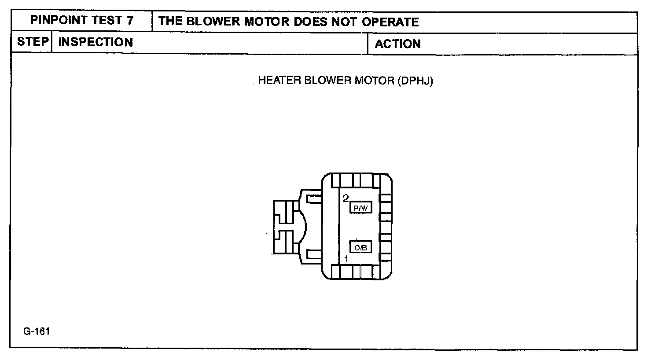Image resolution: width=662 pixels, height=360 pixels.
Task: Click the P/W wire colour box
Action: tap(360, 208)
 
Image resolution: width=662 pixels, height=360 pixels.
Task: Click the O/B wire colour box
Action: tap(360, 247)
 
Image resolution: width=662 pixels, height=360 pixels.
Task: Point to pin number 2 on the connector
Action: tap(346, 198)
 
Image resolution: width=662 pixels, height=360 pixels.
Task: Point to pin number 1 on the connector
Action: tap(346, 259)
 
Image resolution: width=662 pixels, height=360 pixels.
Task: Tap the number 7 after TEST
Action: tap(130, 21)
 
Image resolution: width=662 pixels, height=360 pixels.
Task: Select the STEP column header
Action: tap(32, 42)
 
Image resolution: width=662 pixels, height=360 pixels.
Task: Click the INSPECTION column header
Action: tap(96, 42)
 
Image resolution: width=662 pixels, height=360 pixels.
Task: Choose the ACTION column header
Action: tap(397, 44)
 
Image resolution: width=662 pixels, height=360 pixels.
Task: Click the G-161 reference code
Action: tap(37, 331)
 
